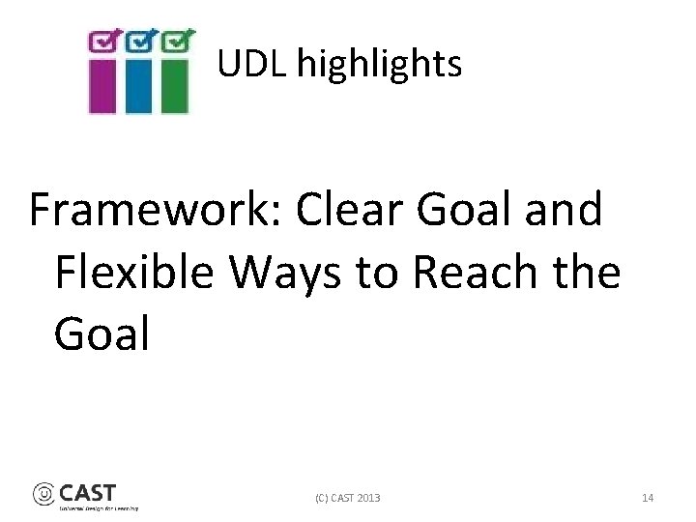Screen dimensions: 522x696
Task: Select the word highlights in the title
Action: click(379, 65)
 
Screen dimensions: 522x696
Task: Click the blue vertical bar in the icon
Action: click(138, 86)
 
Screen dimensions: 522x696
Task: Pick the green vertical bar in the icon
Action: click(174, 86)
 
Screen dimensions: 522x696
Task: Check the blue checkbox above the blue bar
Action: click(140, 41)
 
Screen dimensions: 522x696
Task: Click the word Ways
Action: click(287, 273)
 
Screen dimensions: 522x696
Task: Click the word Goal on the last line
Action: click(102, 334)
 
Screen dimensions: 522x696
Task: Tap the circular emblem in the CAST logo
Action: click(44, 494)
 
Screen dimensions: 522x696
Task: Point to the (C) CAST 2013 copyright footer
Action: click(348, 498)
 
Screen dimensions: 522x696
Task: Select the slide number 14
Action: click(648, 498)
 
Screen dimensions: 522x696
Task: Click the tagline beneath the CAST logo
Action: click(99, 507)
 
